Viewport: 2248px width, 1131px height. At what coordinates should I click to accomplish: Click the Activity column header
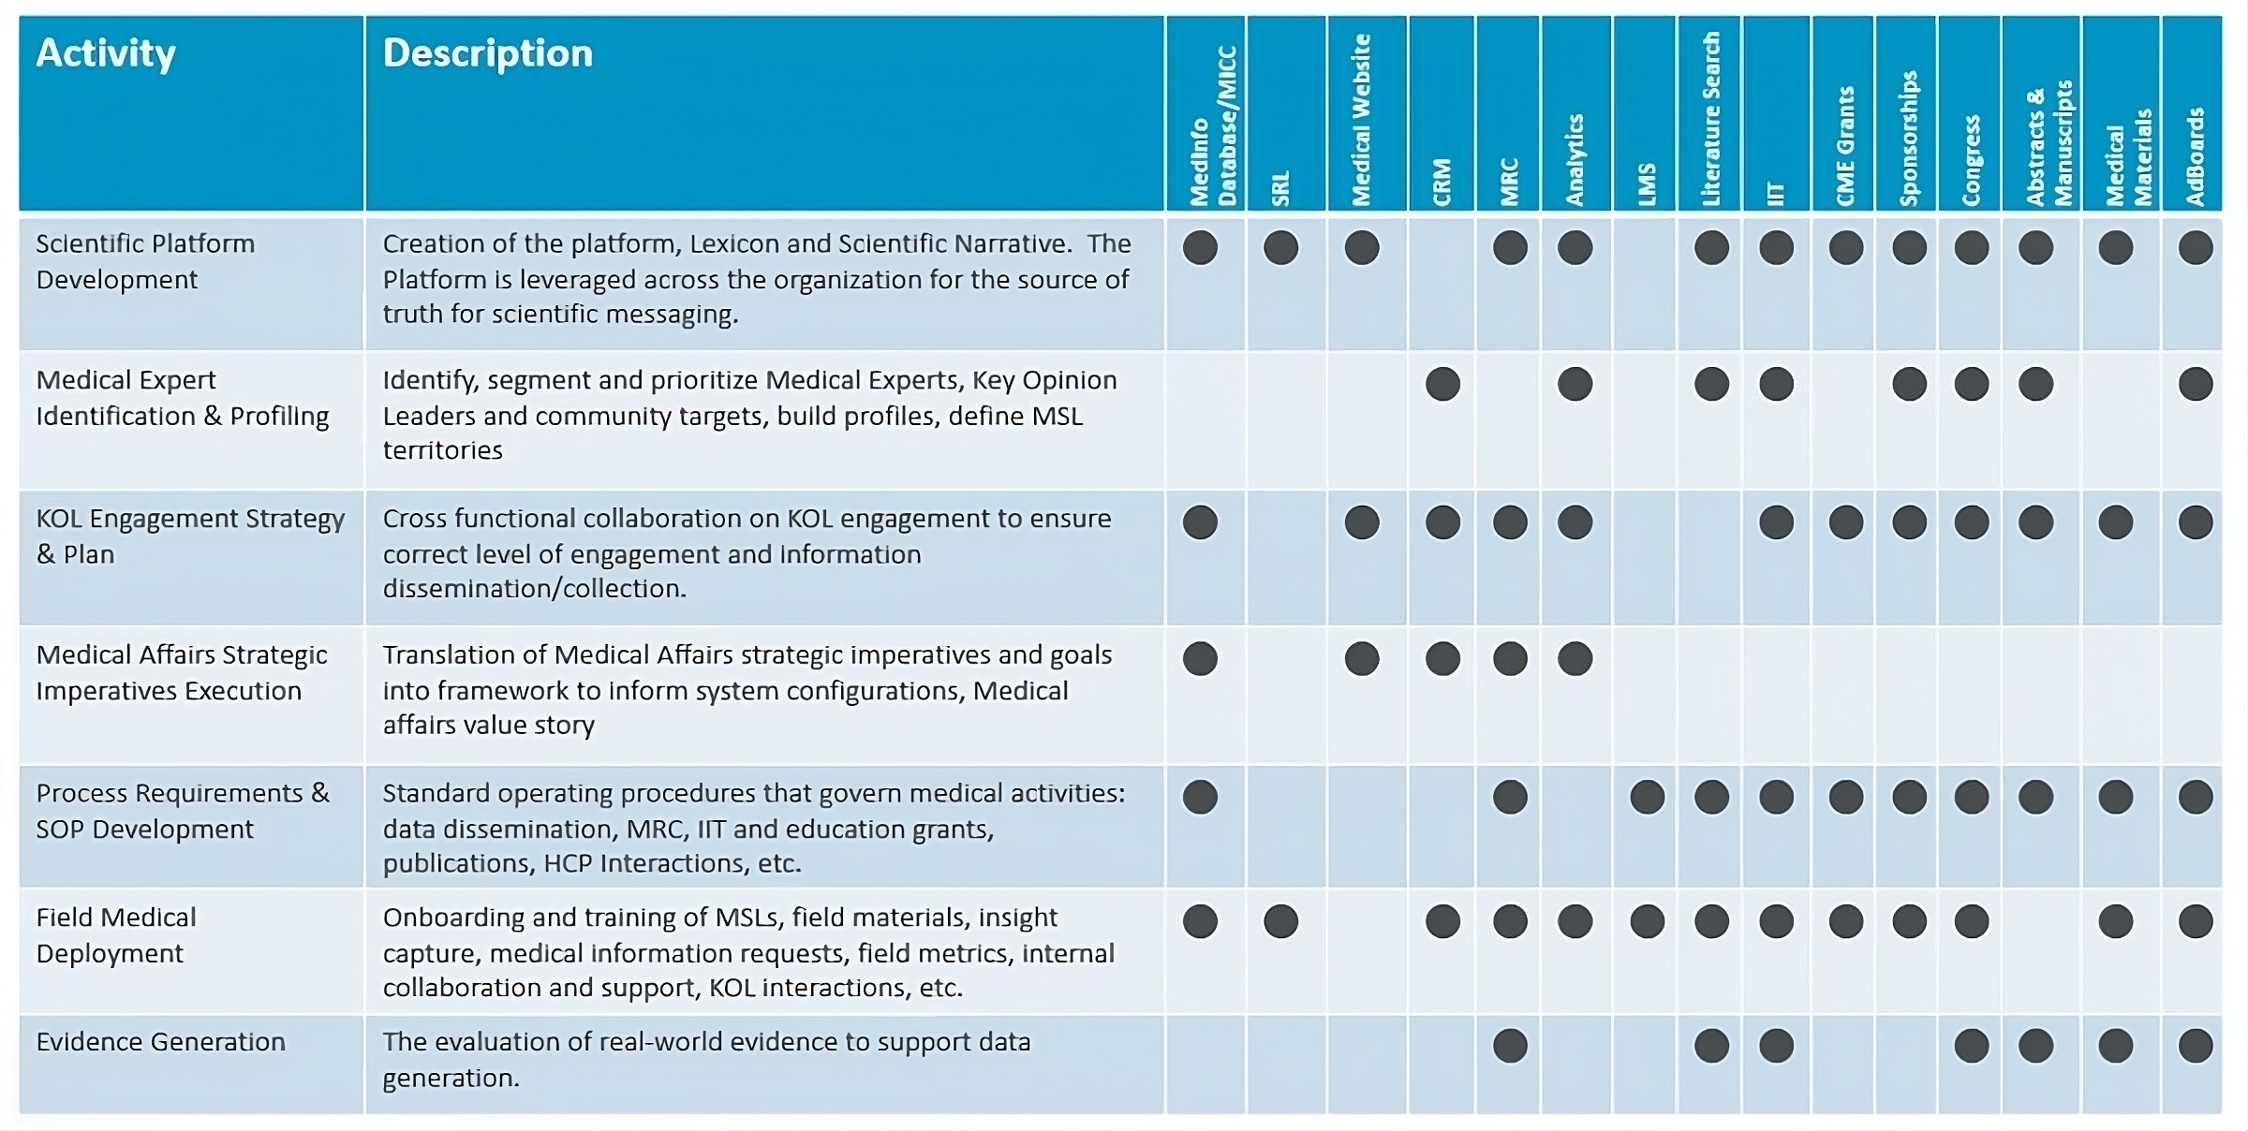click(106, 53)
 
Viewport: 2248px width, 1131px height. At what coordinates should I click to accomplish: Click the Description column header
click(487, 53)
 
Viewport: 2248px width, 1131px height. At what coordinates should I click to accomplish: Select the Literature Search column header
click(1710, 119)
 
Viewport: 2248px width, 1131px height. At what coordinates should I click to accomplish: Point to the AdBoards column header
click(2194, 156)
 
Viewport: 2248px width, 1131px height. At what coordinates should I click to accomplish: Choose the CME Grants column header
click(1844, 146)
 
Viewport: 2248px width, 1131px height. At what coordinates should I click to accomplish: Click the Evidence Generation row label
click(160, 1042)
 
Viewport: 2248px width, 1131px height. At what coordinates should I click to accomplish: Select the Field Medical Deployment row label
click(115, 935)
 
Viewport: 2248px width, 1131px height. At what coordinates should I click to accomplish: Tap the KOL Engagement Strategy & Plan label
click(189, 536)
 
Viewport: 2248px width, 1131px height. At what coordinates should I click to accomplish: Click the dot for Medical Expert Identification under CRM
click(1442, 384)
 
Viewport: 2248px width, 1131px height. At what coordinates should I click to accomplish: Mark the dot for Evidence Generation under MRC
click(1510, 1046)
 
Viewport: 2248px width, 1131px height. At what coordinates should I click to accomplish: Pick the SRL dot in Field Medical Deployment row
click(1280, 921)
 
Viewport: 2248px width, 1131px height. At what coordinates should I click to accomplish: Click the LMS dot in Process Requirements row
click(1647, 797)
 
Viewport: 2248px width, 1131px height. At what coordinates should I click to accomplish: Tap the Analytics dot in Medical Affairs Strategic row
click(1575, 658)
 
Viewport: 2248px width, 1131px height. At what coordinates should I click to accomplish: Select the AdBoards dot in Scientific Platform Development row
click(2196, 248)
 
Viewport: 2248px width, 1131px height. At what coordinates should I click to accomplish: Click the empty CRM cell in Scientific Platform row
click(1442, 281)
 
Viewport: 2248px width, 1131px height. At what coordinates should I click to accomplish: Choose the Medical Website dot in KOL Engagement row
click(1362, 522)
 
